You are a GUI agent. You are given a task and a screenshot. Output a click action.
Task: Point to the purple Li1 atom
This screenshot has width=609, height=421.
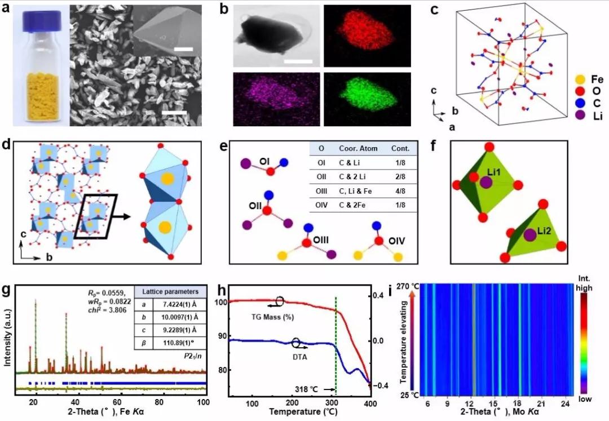pyautogui.click(x=486, y=183)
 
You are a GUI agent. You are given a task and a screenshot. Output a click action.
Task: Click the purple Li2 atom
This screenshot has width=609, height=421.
pyautogui.click(x=529, y=234)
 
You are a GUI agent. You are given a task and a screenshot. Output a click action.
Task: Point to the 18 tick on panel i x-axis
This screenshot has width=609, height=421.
pyautogui.click(x=519, y=405)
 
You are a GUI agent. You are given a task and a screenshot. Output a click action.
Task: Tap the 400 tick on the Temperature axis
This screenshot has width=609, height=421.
pyautogui.click(x=370, y=405)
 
